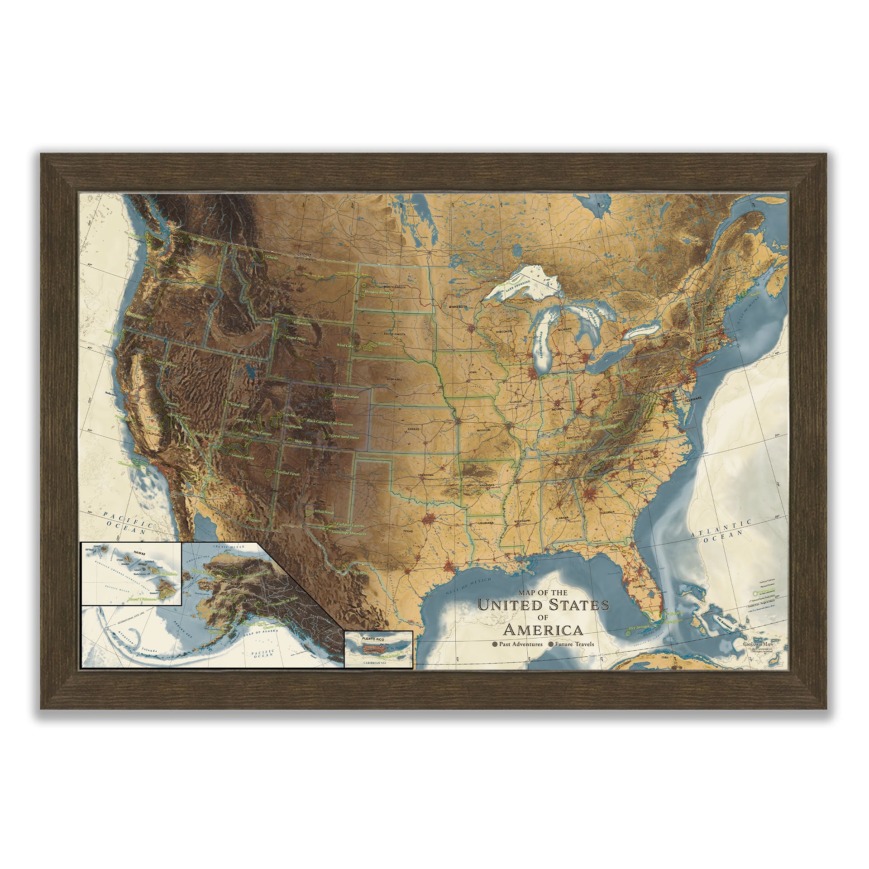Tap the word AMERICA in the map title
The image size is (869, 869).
pos(543,630)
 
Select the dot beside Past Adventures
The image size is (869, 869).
pos(496,644)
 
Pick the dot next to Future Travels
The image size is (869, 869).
pos(551,644)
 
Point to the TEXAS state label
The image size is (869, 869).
pos(408,531)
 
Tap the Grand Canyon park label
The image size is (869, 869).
pos(242,458)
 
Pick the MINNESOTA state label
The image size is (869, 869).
pos(458,306)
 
